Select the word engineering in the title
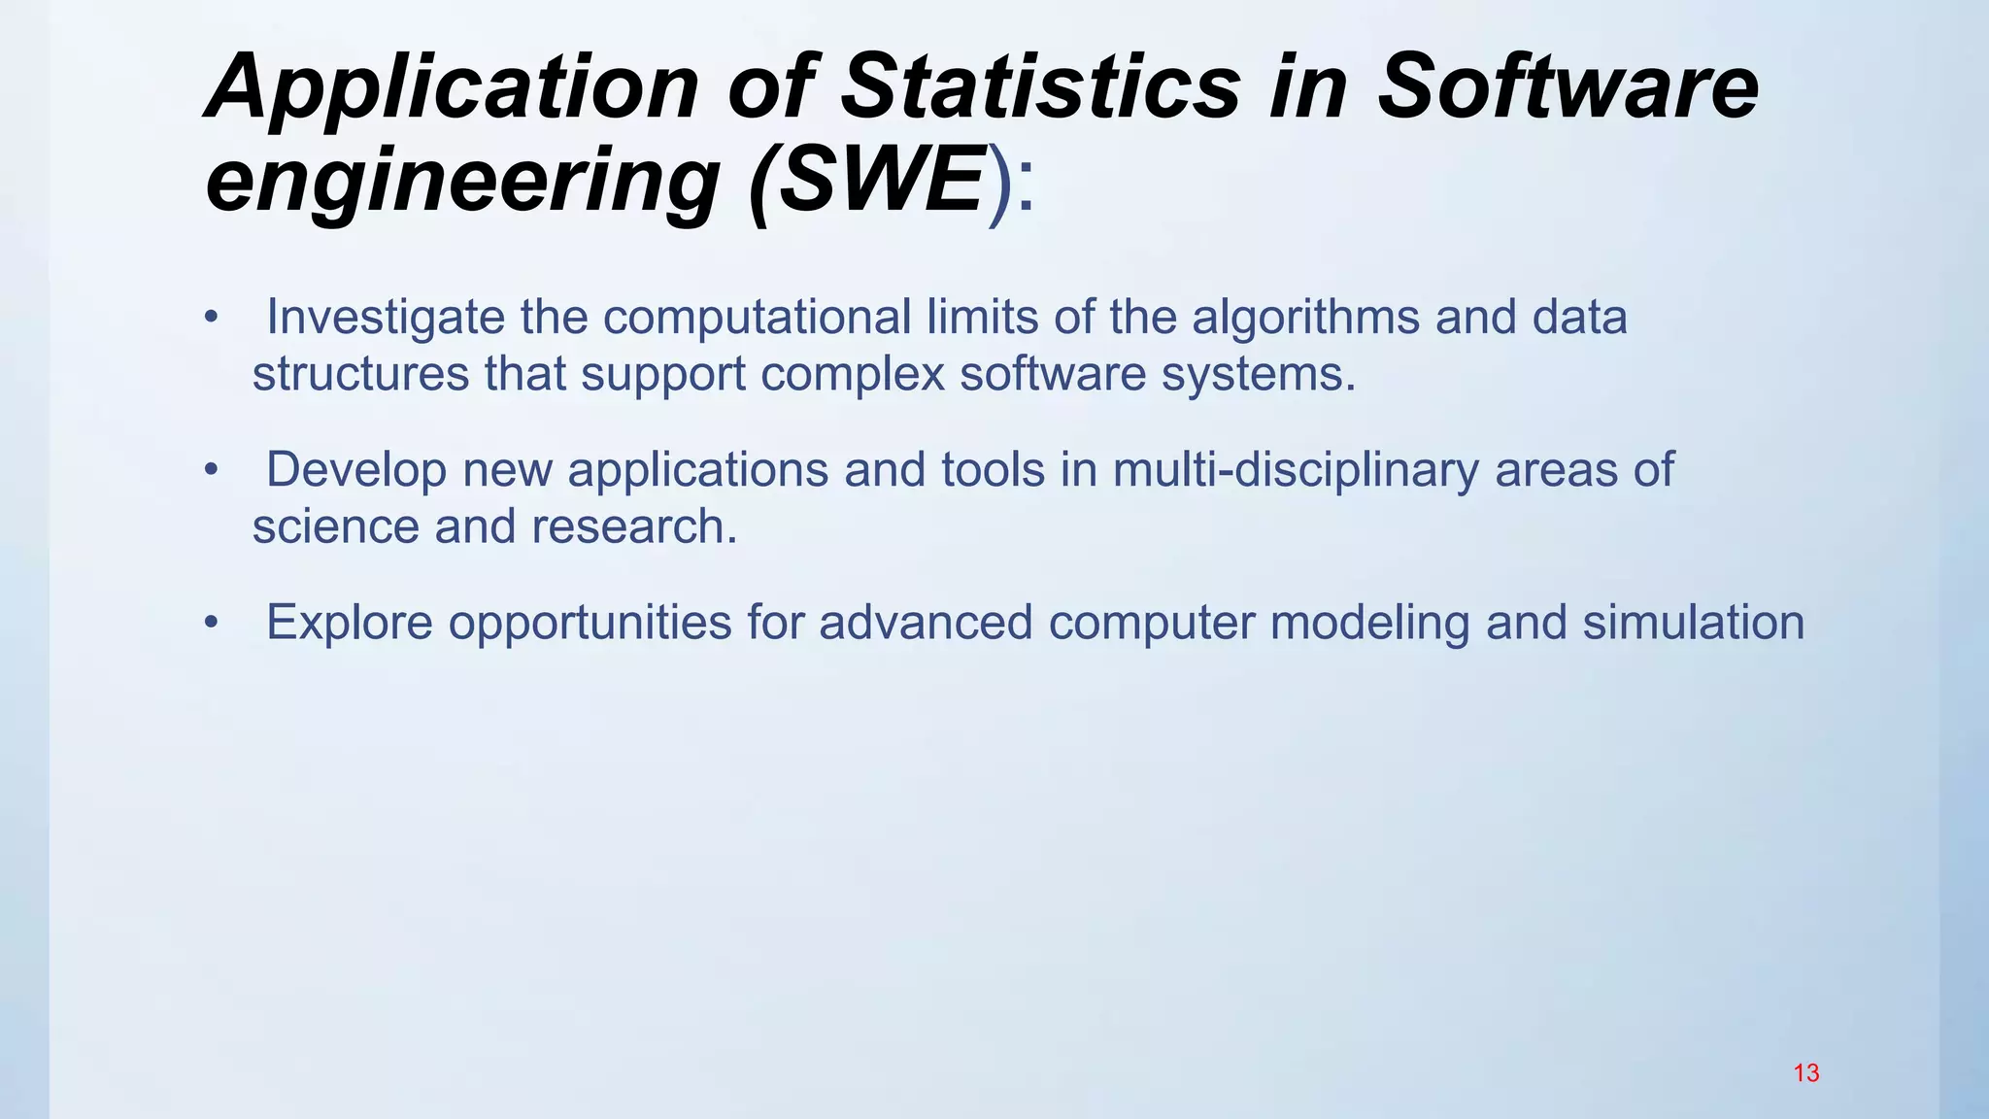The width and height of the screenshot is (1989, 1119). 462,180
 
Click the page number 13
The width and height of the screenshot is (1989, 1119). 1805,1073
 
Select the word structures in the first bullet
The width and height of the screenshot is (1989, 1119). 360,373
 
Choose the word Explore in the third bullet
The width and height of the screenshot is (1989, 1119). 349,622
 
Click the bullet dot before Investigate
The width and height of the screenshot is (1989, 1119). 211,318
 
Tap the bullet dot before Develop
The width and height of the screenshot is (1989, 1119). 211,470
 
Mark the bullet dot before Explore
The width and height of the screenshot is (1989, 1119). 211,623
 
